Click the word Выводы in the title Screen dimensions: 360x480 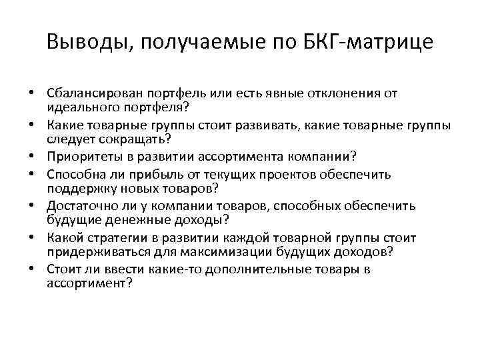[x=87, y=42]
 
